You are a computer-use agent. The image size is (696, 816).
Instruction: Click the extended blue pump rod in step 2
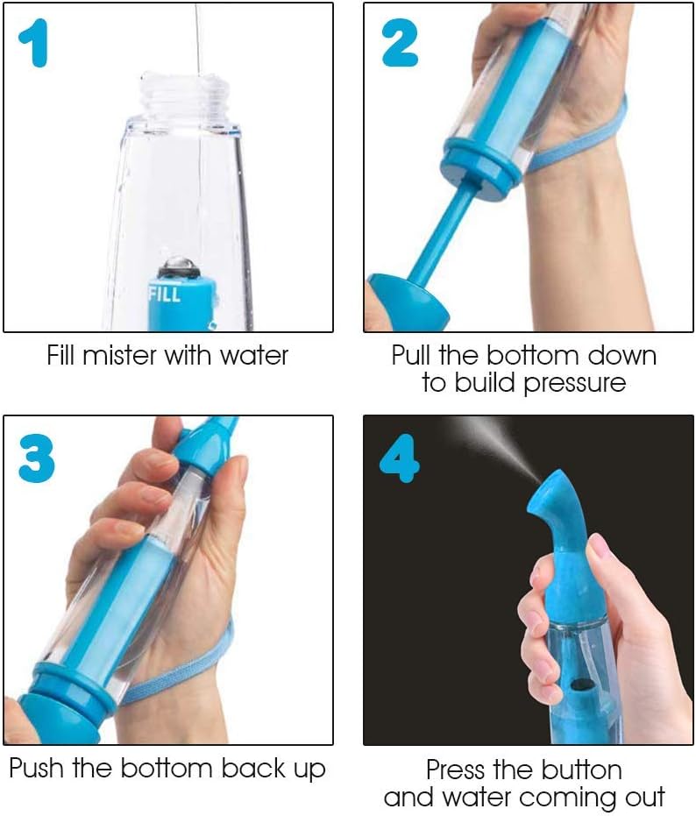438,232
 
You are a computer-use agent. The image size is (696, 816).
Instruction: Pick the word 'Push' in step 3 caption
37,769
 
